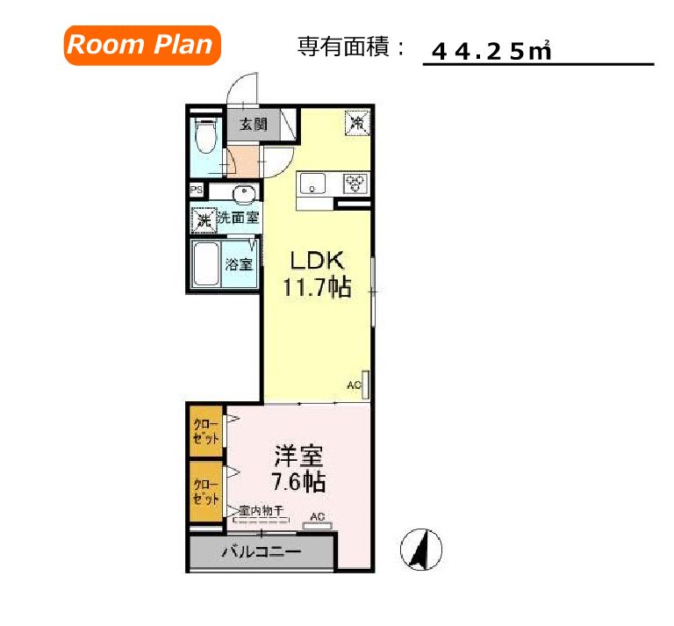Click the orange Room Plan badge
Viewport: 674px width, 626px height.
(x=140, y=45)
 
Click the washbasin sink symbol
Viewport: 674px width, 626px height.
(x=243, y=194)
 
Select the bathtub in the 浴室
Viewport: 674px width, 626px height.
(x=204, y=263)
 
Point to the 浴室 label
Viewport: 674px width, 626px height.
(x=239, y=264)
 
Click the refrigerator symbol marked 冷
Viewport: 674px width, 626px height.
(x=357, y=122)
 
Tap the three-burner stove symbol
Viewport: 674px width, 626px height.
(x=356, y=183)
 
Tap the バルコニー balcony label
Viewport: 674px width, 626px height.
(x=261, y=552)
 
